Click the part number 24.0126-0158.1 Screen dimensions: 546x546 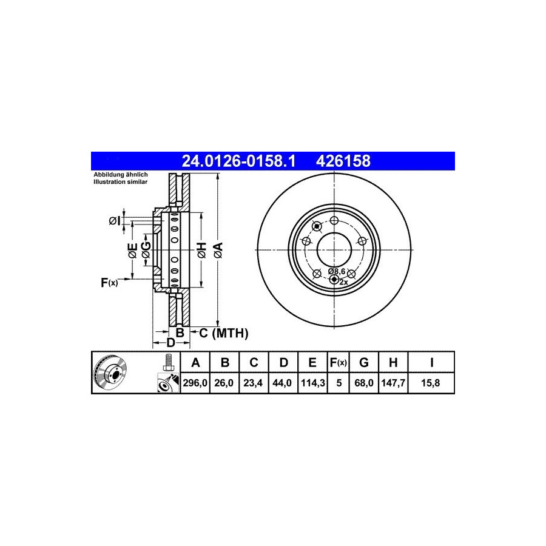(239, 161)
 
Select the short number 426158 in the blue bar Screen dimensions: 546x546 (343, 161)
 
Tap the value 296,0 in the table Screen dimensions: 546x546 (195, 383)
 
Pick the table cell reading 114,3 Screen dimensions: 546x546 (312, 383)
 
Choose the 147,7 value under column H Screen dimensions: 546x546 (393, 383)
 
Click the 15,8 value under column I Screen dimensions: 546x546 (430, 383)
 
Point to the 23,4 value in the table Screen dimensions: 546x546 (253, 383)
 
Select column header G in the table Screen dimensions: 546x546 (364, 363)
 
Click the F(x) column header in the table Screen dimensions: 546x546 (339, 363)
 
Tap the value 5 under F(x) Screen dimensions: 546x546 (339, 383)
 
